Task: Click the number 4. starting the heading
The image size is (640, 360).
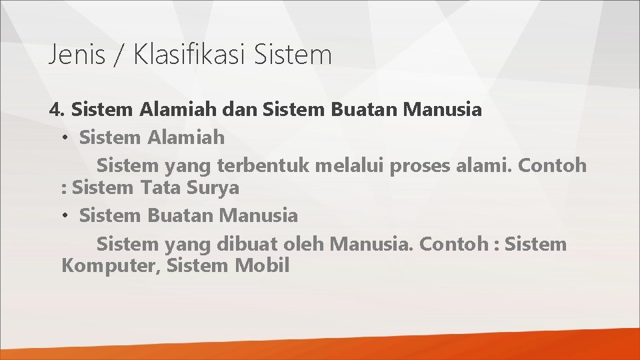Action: (57, 110)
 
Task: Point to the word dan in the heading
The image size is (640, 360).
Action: (239, 110)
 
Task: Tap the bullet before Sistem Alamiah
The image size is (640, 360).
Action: (66, 139)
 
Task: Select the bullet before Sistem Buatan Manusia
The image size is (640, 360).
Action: (66, 216)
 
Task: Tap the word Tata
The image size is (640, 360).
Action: (159, 189)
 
